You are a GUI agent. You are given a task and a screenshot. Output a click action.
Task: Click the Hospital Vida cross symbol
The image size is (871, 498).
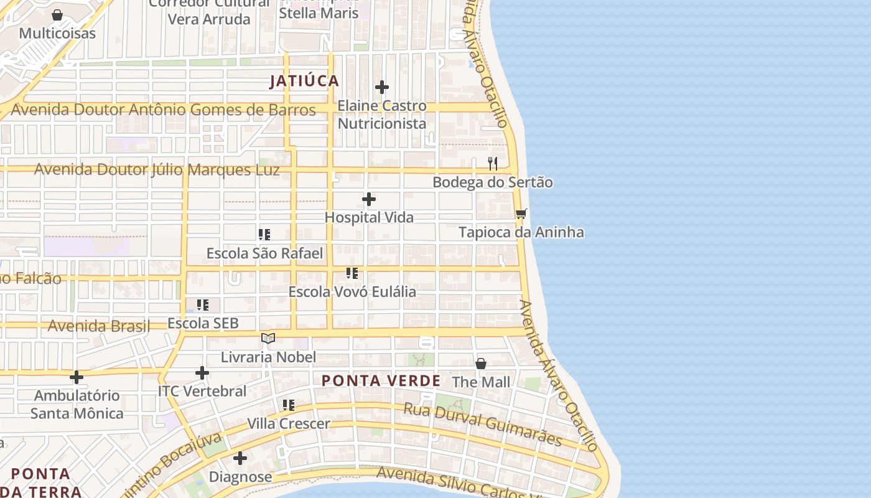pos(369,199)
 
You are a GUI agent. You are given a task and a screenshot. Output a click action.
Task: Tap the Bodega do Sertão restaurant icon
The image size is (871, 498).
pos(493,164)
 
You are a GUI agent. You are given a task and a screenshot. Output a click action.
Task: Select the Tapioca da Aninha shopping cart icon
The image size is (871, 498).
pos(521,214)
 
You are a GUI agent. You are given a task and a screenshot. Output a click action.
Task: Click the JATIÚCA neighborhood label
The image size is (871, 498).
pos(304,81)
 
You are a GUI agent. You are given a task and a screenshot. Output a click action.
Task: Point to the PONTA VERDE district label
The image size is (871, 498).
pos(381,380)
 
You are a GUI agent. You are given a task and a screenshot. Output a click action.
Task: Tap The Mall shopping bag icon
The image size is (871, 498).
pos(481,364)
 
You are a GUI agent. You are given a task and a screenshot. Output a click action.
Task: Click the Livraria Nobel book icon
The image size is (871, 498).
pos(268,338)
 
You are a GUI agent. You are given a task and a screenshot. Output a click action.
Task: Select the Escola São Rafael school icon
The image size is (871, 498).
pos(264,235)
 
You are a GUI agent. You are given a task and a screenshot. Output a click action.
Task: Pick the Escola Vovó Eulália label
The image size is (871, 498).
pos(352,291)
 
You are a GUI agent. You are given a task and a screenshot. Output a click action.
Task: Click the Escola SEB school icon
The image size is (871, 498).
pos(203,305)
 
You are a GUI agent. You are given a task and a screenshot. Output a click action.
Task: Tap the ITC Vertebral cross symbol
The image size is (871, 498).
pos(202,373)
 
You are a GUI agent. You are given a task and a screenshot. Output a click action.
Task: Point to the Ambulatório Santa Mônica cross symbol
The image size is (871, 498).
pos(77,377)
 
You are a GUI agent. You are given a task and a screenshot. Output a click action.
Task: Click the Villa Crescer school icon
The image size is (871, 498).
pos(289,405)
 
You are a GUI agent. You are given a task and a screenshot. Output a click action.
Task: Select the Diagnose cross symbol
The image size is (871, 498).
pos(240,459)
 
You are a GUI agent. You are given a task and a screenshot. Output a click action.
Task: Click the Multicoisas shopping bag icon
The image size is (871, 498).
pos(57,15)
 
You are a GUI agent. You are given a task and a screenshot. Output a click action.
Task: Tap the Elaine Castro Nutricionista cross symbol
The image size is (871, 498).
pos(382,87)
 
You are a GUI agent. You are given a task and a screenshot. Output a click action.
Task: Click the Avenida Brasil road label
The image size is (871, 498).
pos(99,326)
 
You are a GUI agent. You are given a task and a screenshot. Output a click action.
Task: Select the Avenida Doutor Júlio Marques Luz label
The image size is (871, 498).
pos(157,170)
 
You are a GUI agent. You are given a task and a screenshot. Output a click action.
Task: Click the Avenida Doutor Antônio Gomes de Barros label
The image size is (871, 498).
pos(164,110)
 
